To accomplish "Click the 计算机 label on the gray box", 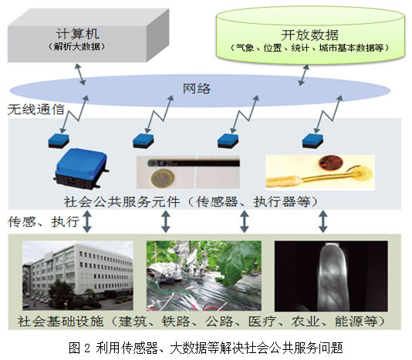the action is tap(77, 34).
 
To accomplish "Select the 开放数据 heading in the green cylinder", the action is tap(310, 35).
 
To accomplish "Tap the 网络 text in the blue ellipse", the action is tap(197, 89).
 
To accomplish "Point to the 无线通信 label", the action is tap(36, 109).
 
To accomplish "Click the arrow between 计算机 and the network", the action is tap(80, 74).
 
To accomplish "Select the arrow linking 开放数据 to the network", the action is tap(304, 75).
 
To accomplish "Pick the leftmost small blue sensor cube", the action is tap(59, 141).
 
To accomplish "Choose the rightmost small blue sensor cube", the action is tap(312, 141).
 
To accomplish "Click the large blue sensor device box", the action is tap(81, 168).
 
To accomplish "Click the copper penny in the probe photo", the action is tap(331, 163).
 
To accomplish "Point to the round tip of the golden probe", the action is tap(363, 175).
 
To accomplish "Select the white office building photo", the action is tap(78, 275).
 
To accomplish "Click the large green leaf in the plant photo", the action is tap(235, 265).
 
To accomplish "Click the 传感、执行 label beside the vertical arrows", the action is tap(44, 221).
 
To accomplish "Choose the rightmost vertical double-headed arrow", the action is tap(323, 221).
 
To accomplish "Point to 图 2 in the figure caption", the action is tap(79, 348).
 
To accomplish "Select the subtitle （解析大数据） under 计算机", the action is tap(77, 47).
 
